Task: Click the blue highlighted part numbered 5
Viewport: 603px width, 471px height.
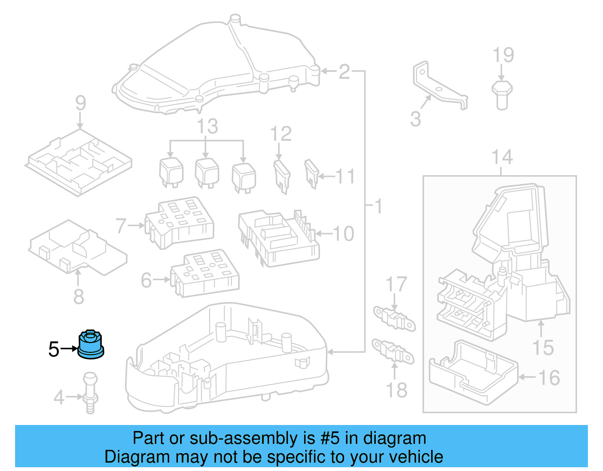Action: tap(90, 345)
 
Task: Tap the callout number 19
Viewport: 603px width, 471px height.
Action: tap(503, 55)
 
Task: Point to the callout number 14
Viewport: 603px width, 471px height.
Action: tap(502, 157)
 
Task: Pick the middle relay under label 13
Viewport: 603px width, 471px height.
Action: tap(207, 173)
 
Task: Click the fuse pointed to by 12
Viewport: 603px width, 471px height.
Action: tap(282, 176)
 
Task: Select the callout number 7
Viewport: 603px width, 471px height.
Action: tap(121, 226)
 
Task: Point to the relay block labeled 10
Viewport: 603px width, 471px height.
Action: tap(279, 238)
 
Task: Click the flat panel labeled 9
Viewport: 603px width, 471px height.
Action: tap(79, 162)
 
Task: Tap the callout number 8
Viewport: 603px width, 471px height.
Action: tap(78, 296)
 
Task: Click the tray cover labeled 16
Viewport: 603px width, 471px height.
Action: tap(473, 373)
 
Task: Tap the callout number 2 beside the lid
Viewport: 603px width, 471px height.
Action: tap(344, 72)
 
